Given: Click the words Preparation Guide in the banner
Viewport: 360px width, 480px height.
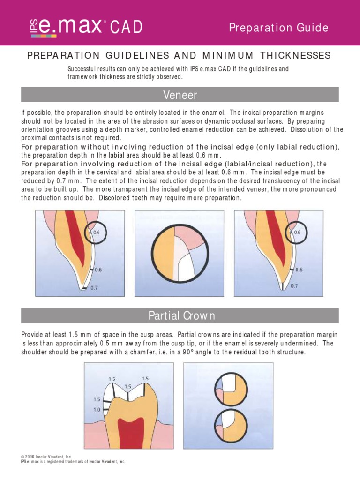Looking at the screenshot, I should pos(278,28).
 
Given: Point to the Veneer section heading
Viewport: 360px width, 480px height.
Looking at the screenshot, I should pos(180,95).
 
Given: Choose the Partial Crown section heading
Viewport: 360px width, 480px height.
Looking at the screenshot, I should pos(180,316).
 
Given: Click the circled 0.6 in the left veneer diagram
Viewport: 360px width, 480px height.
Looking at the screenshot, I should pos(96,232).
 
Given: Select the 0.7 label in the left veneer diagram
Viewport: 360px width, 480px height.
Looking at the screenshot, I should pos(94,288).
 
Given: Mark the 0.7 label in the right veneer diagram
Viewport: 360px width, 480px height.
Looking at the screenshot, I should pos(294,285).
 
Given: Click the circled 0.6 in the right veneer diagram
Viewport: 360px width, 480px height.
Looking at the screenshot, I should pos(299,232).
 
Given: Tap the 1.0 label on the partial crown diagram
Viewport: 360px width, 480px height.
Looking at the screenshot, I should pos(97,409).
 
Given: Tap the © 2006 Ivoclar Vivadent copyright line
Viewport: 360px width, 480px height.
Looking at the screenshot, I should pos(46,456).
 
